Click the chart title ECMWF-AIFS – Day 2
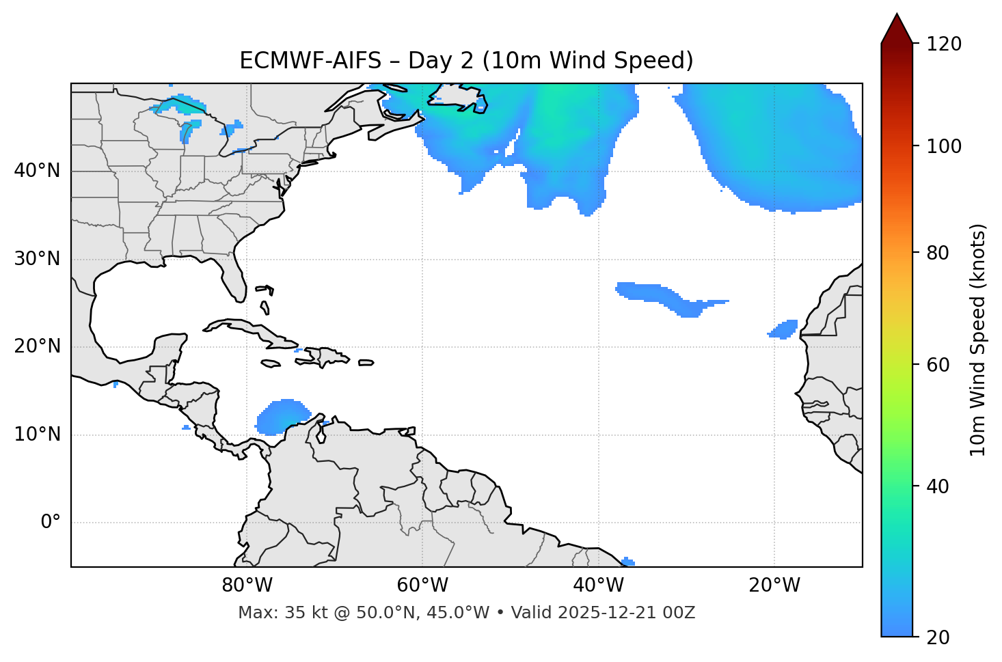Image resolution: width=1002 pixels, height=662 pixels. pos(466,61)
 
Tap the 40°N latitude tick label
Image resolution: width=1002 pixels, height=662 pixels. pos(37,171)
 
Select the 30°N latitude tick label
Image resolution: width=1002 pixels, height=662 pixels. pos(37,259)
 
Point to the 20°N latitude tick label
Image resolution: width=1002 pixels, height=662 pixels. pos(37,346)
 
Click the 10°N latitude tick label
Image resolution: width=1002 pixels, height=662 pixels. pos(37,435)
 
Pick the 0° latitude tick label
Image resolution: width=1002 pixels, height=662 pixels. pos(51,523)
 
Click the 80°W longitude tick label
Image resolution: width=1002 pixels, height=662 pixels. pos(247,585)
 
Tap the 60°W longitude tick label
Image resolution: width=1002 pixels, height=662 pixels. pos(422,585)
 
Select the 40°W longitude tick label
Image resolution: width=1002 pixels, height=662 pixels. pos(599,585)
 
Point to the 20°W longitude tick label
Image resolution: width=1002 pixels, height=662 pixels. pos(774,585)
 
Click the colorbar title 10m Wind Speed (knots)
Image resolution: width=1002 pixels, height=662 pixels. pos(978,340)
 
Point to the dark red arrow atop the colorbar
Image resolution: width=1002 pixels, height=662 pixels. pos(897,29)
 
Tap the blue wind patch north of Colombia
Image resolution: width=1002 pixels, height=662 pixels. pos(282,416)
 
